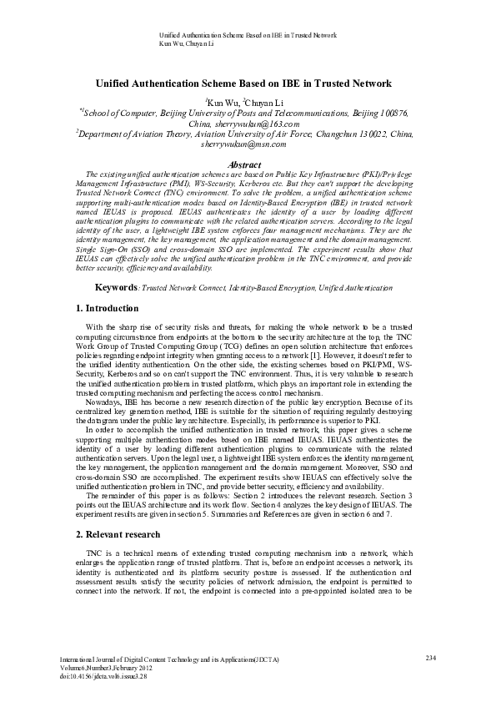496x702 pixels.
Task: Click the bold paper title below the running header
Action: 248,84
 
